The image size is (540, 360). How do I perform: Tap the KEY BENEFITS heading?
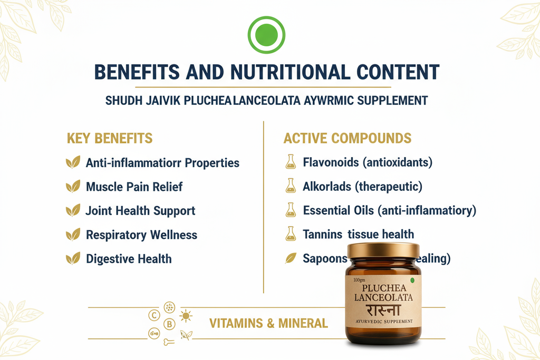pos(110,139)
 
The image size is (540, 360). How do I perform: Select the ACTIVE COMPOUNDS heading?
pos(348,139)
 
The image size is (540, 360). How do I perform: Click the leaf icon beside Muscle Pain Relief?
pos(72,187)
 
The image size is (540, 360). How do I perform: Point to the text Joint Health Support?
pos(140,211)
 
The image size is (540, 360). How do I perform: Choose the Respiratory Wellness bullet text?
pos(141,235)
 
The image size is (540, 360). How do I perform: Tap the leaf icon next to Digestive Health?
pos(72,259)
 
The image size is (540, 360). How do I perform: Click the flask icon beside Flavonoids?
pos(291,162)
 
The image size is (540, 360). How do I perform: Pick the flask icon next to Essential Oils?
pos(291,211)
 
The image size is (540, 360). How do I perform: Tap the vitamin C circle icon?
pos(155,316)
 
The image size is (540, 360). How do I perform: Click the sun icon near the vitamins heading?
pos(186,316)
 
